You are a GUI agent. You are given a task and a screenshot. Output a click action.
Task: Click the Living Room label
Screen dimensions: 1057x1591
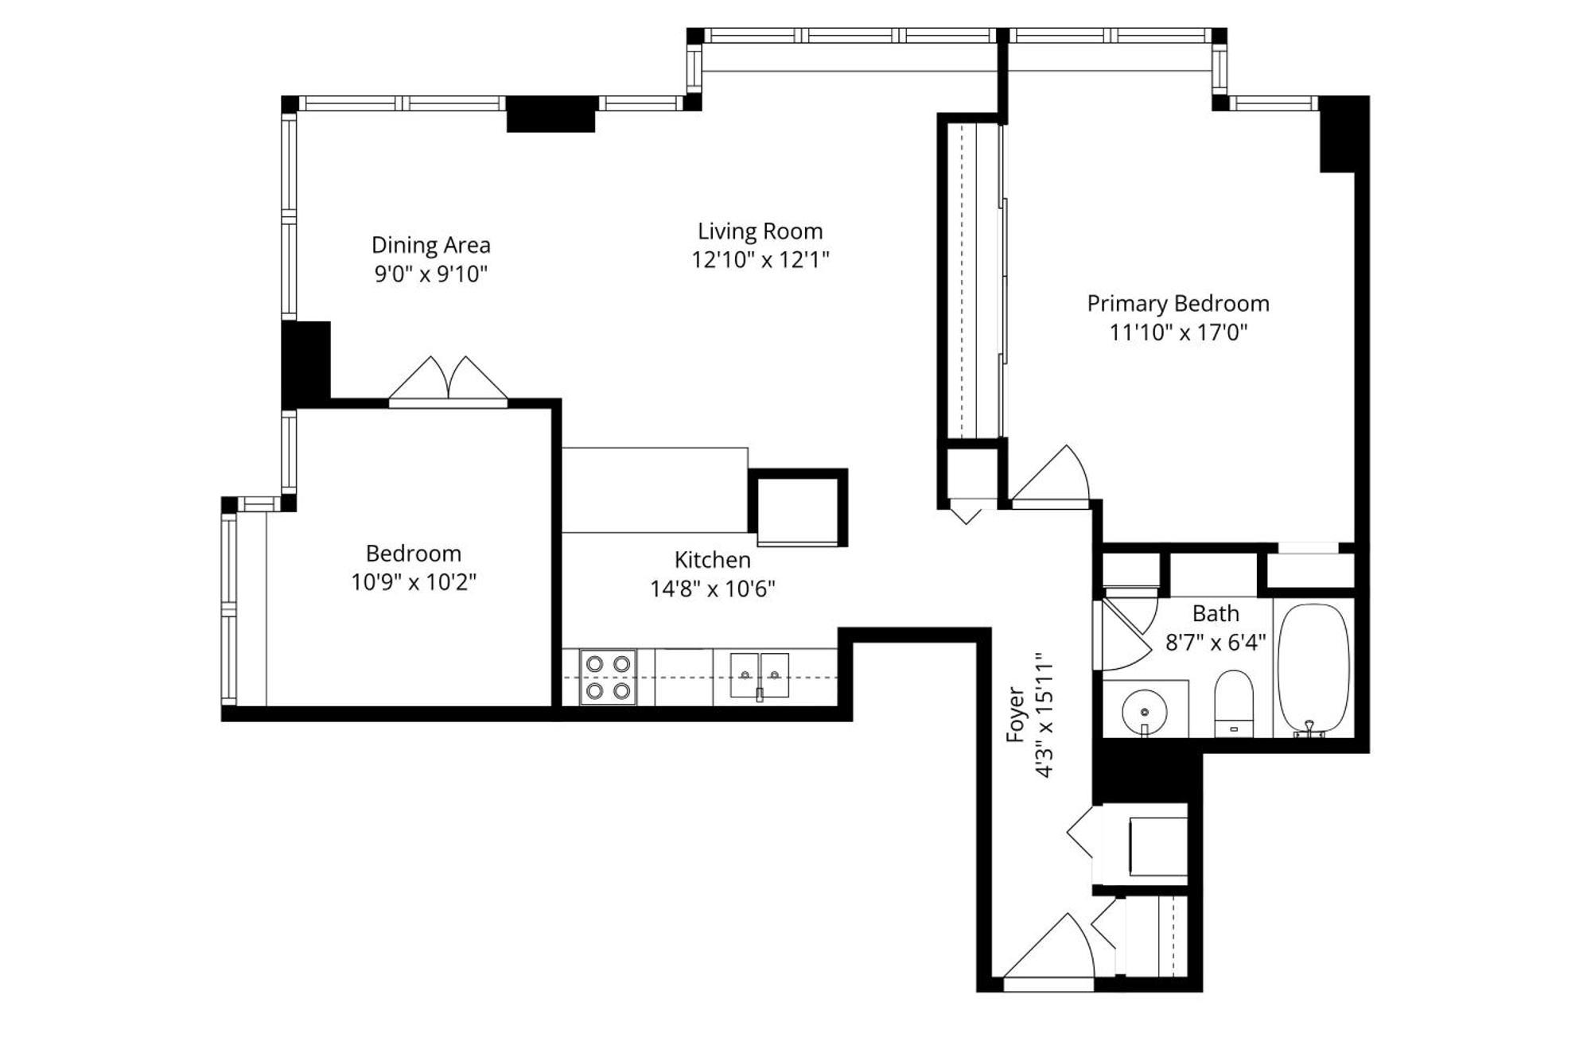[760, 231]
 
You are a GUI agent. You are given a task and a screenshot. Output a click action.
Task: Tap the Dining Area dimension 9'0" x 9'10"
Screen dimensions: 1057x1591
[430, 274]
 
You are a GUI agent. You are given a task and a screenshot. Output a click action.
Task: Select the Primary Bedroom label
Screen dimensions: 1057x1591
[1177, 304]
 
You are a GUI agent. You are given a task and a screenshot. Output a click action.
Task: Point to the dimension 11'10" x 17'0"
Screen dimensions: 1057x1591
[1177, 332]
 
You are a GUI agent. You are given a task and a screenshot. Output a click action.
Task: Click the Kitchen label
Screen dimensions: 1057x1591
[712, 560]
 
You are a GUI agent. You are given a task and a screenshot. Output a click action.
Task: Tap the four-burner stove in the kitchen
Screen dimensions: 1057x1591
[608, 677]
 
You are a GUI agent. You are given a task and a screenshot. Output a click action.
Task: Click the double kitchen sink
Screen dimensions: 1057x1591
[759, 676]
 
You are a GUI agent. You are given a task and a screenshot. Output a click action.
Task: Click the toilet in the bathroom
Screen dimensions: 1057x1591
[1234, 703]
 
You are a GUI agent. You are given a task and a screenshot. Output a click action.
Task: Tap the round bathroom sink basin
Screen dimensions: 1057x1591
[1144, 709]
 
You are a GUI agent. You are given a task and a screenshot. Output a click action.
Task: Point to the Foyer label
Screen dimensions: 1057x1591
[1016, 714]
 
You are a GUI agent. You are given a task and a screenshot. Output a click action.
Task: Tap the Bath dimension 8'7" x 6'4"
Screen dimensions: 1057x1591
[1215, 643]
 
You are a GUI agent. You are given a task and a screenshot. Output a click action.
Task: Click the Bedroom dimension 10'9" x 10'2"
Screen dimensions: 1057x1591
[413, 582]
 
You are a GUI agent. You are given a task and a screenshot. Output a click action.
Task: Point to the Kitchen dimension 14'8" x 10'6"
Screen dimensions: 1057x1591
[712, 589]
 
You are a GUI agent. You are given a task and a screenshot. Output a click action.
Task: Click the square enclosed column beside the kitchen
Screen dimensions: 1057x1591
[797, 508]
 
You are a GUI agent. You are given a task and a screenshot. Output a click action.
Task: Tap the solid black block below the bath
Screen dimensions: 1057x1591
[1146, 770]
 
